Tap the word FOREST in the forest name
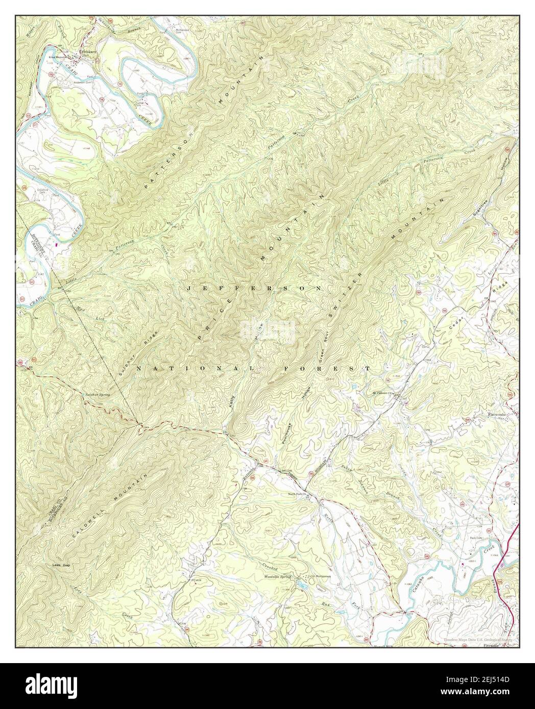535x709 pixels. (x=341, y=368)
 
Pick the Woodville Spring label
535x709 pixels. (x=278, y=576)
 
